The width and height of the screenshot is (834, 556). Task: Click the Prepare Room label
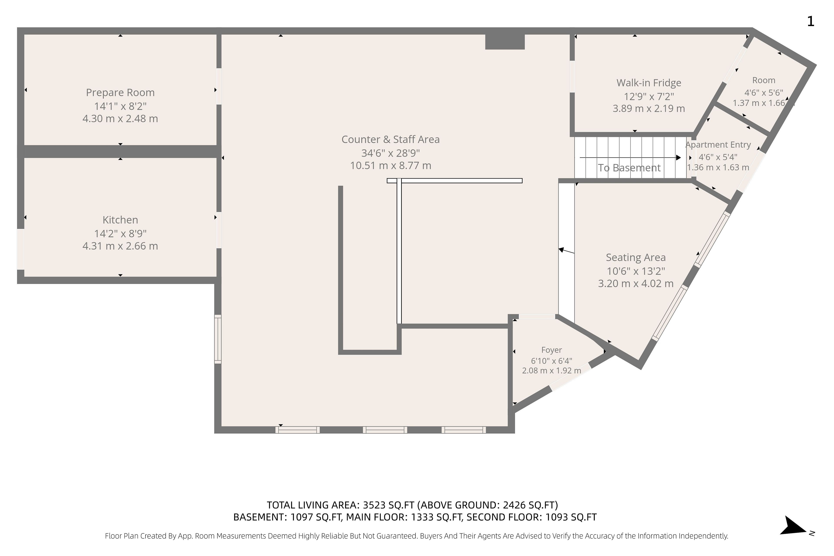pos(120,93)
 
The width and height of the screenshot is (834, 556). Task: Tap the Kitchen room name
pos(120,220)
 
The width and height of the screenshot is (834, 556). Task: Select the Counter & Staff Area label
pos(391,139)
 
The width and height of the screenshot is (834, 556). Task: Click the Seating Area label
pos(636,257)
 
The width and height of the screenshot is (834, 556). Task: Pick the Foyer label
pos(551,350)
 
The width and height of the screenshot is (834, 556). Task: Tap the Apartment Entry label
pos(718,145)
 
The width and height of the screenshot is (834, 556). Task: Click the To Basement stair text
pos(629,168)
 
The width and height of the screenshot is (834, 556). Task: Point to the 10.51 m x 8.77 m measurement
pos(391,165)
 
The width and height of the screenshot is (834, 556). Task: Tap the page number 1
pos(811,22)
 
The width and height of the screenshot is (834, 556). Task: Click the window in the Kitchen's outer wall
pos(21,249)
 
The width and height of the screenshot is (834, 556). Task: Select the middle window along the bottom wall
pos(385,430)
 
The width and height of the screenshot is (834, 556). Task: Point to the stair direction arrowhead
pos(678,157)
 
